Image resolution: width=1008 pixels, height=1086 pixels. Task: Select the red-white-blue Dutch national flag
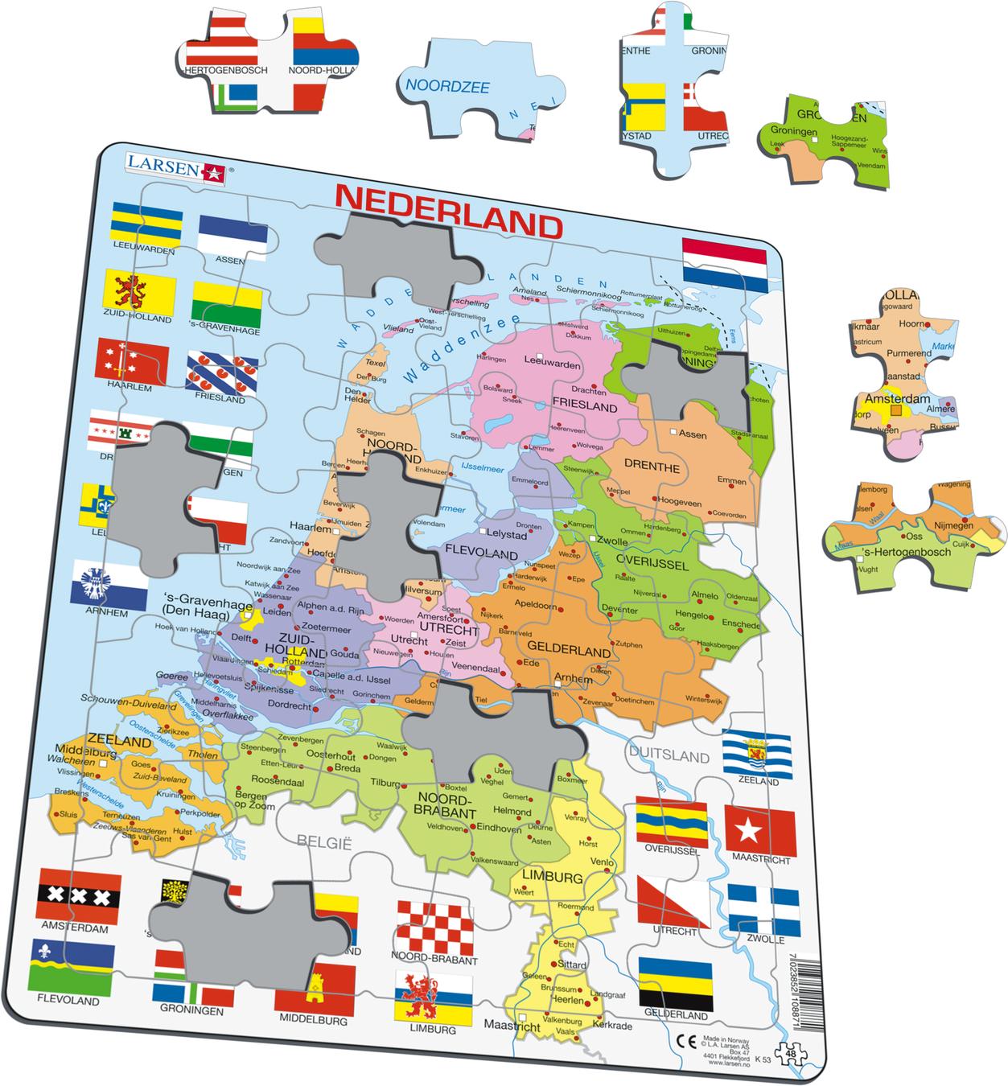(723, 264)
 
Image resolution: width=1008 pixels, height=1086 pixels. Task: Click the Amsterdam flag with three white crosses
(79, 895)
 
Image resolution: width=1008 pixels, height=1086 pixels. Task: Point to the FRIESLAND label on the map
(584, 407)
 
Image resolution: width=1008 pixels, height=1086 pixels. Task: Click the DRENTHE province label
(652, 468)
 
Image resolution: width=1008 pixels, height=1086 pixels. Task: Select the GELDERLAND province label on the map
(569, 650)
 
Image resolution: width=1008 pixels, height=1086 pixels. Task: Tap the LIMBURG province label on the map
(551, 877)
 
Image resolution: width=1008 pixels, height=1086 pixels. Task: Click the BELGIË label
(325, 841)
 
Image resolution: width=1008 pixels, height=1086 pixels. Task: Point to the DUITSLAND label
(669, 756)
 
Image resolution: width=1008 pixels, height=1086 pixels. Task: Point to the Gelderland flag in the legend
(675, 982)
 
